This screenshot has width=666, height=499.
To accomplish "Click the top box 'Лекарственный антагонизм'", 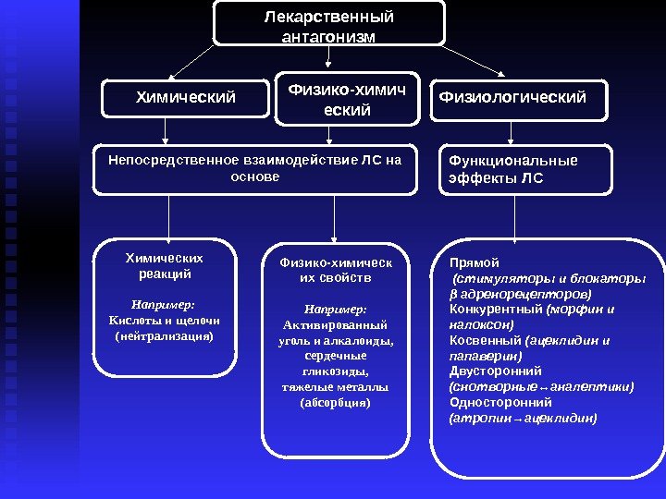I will click(328, 27).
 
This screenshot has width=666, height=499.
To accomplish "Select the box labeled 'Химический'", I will click(186, 97).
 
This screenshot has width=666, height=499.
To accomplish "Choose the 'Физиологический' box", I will click(512, 96).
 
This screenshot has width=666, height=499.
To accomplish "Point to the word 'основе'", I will click(253, 176).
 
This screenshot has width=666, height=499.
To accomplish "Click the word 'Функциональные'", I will click(512, 161).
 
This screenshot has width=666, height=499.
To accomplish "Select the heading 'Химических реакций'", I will click(164, 266).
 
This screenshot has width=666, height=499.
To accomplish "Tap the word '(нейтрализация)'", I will click(163, 336).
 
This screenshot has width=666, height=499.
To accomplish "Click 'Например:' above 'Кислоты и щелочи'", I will click(163, 304).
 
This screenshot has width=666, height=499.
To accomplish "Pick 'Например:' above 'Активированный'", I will click(335, 310).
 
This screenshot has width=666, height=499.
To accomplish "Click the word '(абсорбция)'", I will click(335, 403).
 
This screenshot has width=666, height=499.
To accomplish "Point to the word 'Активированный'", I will click(335, 325).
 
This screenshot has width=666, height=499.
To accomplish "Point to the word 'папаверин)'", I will click(485, 356).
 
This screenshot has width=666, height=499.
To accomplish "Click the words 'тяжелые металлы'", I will click(335, 387).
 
